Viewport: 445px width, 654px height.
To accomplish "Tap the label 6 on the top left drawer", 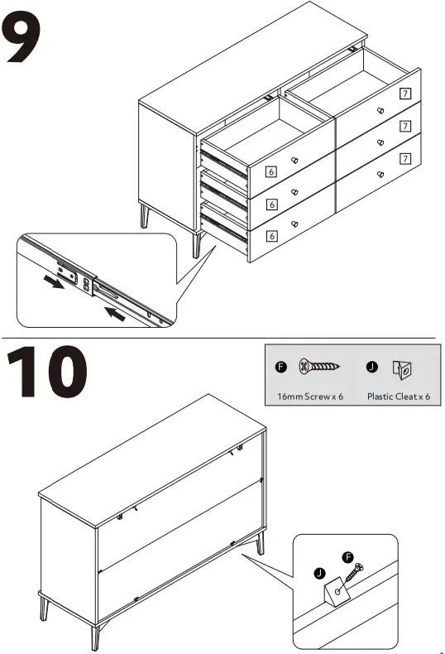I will click(270, 172).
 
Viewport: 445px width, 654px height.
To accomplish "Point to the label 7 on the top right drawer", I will click(404, 94).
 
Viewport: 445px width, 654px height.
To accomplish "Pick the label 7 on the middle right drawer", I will click(404, 126).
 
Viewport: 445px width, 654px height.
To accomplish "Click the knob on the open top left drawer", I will click(295, 160).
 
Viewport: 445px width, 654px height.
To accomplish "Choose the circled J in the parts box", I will click(371, 366).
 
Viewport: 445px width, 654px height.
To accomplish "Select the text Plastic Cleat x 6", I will click(400, 397).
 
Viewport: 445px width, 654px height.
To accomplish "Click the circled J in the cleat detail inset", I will click(320, 573).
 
